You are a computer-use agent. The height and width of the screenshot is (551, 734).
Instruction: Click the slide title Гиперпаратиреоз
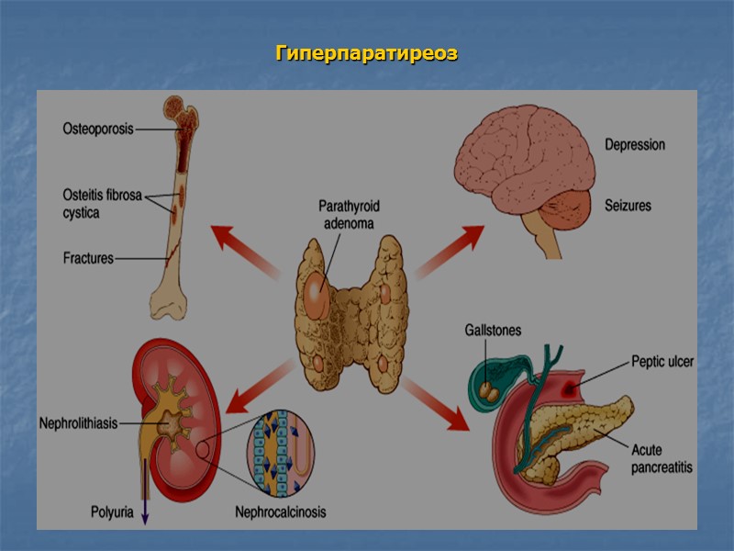[x=366, y=54]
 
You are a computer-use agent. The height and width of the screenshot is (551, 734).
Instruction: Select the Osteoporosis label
[x=98, y=129]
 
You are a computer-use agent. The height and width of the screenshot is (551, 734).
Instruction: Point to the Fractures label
[x=88, y=258]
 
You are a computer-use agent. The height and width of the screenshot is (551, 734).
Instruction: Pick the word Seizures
[x=627, y=206]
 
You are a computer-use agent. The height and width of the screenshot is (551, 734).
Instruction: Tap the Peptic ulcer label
[x=662, y=362]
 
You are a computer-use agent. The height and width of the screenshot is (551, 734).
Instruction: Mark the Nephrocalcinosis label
[x=280, y=512]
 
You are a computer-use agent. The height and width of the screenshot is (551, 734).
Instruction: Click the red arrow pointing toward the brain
[x=450, y=250]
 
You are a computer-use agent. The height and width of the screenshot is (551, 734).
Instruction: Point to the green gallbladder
[x=488, y=378]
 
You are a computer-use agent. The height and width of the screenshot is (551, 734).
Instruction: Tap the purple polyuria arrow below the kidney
[x=144, y=500]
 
